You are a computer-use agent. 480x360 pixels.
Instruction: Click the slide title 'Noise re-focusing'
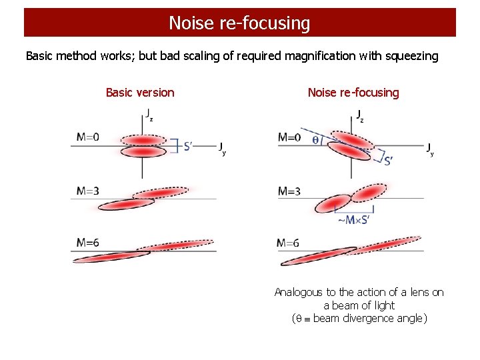(x=239, y=23)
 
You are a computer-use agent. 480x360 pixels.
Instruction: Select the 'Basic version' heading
(x=140, y=93)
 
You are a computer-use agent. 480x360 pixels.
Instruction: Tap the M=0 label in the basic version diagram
(x=87, y=137)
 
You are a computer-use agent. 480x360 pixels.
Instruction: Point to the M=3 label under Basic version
(x=87, y=191)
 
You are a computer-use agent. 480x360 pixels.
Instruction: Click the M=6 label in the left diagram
(x=87, y=243)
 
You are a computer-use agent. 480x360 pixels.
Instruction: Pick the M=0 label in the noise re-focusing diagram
(x=289, y=138)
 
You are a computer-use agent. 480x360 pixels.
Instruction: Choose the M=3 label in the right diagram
(x=289, y=191)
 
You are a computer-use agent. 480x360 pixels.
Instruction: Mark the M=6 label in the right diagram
(x=289, y=243)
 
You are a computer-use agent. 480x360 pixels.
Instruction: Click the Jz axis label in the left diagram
(x=149, y=115)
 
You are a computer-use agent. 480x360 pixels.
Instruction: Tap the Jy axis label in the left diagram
(x=223, y=148)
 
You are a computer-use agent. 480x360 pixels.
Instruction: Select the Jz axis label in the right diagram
(x=360, y=116)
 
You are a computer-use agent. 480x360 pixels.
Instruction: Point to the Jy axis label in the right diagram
(x=431, y=149)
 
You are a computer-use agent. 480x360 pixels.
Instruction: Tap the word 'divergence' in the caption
(x=371, y=318)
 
